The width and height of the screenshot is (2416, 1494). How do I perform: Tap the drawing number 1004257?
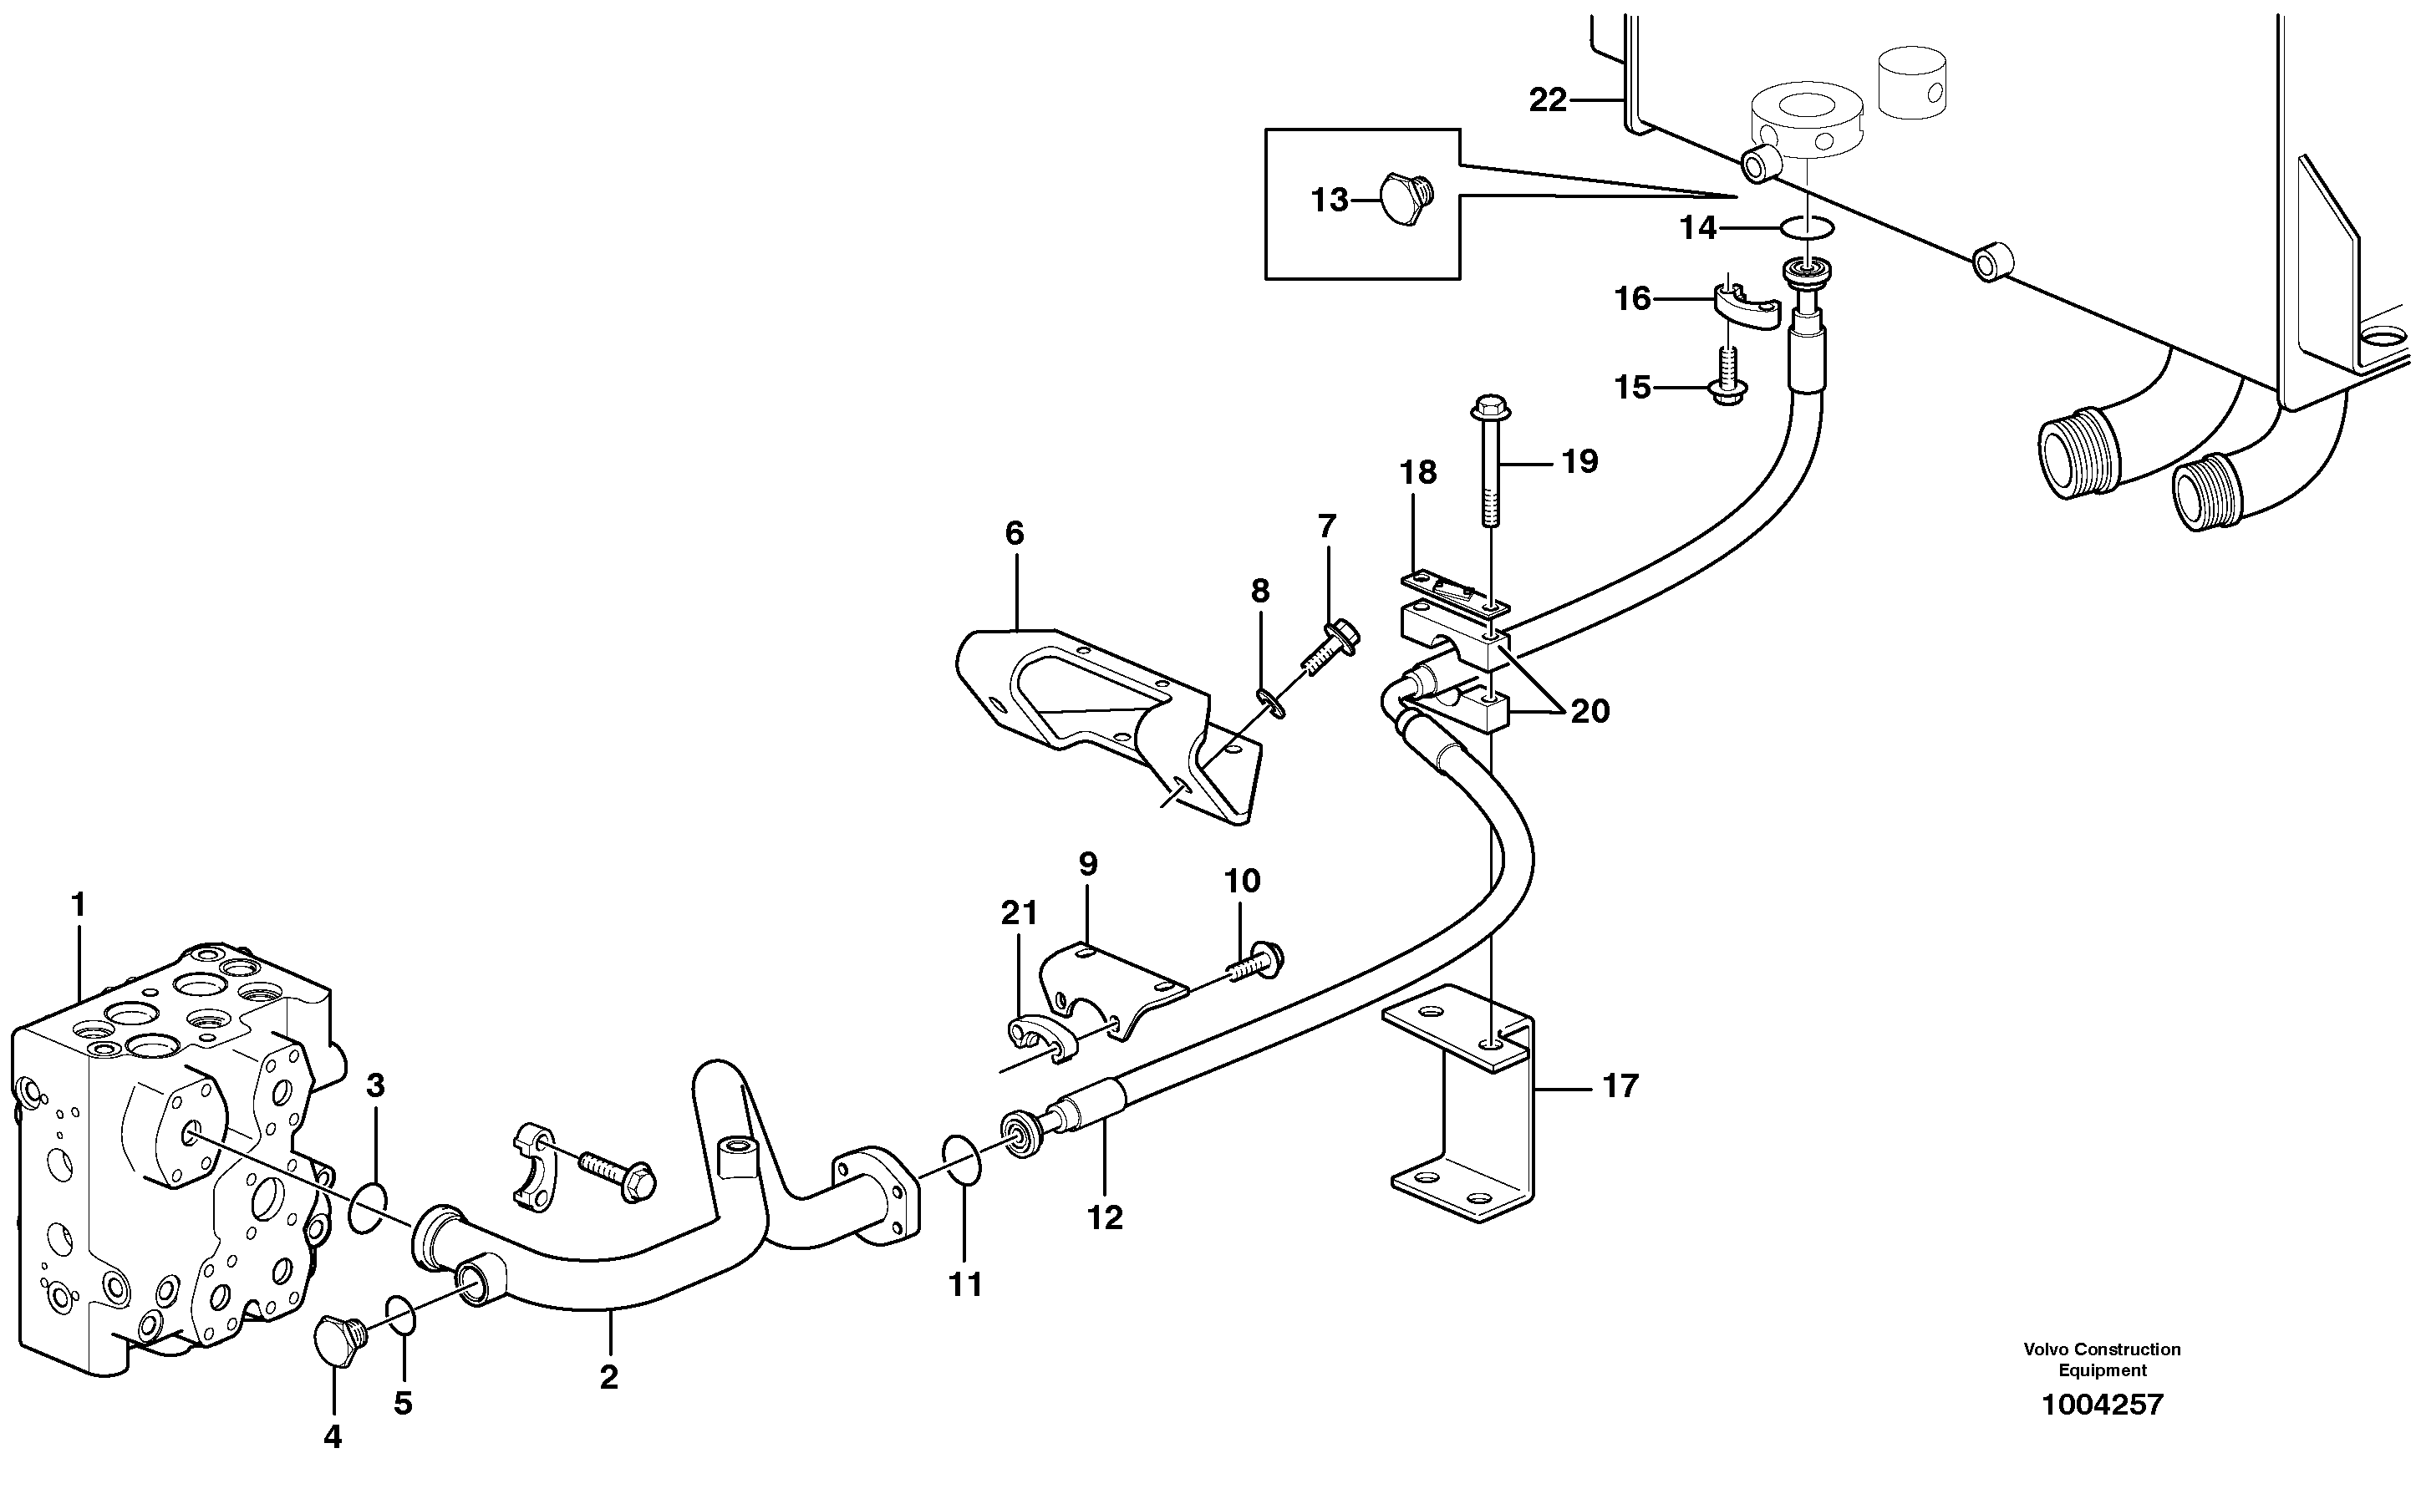tap(2102, 1404)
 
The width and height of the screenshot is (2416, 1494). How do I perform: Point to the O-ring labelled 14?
tap(1808, 228)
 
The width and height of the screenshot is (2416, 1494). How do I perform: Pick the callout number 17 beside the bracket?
tap(1620, 1087)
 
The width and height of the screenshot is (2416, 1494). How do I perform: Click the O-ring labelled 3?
tap(367, 1207)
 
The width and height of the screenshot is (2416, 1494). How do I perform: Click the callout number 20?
tap(1590, 710)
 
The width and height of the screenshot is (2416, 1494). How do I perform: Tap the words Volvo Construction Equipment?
tap(2102, 1359)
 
